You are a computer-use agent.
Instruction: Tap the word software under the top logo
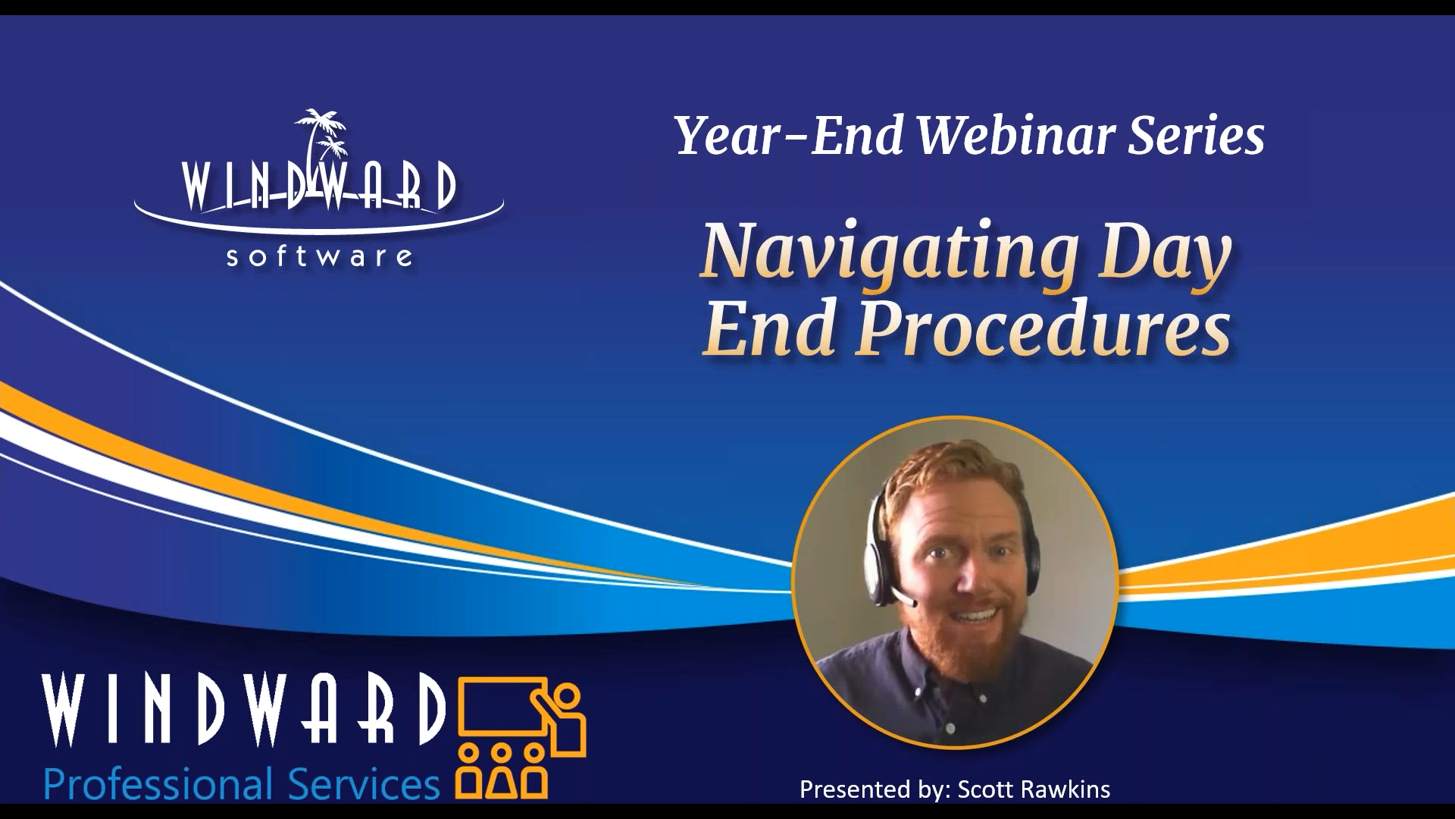click(319, 257)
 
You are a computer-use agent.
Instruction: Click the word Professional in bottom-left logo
click(158, 784)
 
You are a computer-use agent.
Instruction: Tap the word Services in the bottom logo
click(364, 784)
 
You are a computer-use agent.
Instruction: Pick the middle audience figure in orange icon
click(501, 773)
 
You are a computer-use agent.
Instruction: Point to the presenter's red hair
click(947, 470)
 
